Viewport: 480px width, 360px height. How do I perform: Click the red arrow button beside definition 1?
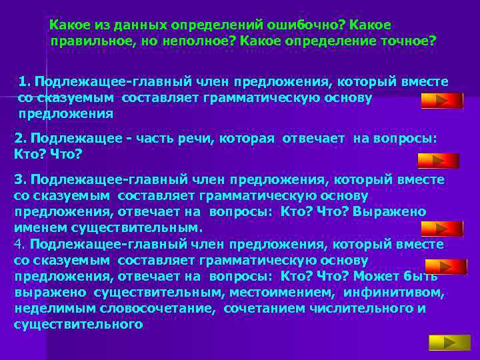(x=442, y=101)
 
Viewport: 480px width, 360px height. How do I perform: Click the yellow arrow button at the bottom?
(x=440, y=343)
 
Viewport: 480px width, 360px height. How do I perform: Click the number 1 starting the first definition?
(x=23, y=81)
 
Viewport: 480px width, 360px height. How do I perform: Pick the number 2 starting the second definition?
(x=19, y=139)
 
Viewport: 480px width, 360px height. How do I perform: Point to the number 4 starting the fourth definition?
(x=18, y=244)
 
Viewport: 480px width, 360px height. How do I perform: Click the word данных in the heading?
(x=134, y=25)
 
